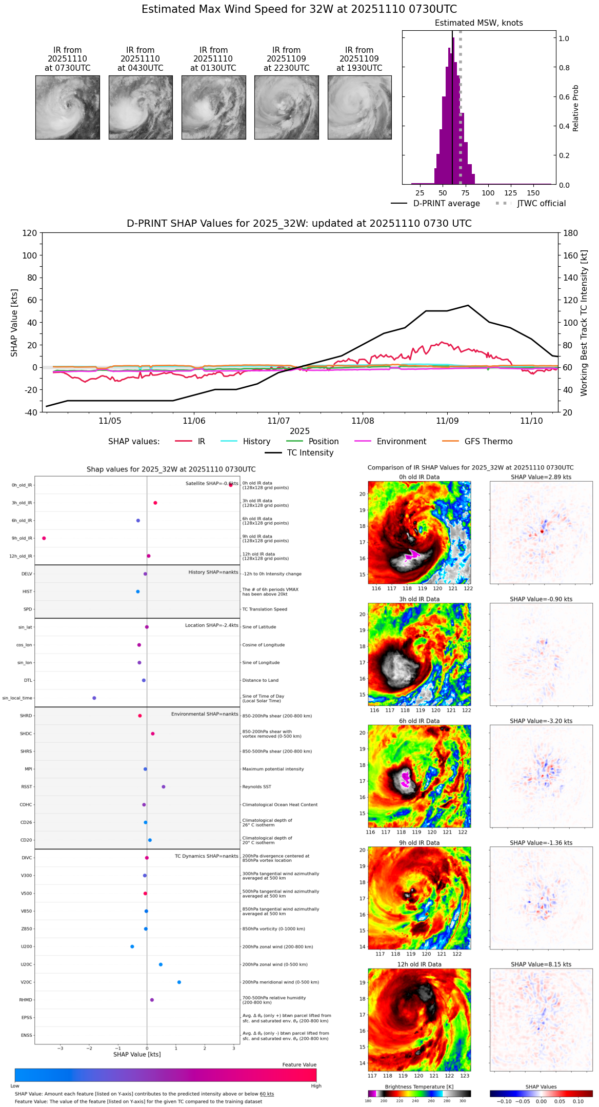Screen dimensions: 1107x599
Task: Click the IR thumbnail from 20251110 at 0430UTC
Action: (x=141, y=107)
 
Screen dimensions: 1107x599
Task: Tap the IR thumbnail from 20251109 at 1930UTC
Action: (x=360, y=107)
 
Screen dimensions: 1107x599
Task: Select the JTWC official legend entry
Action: (x=541, y=204)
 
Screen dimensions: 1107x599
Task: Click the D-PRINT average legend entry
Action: (x=446, y=204)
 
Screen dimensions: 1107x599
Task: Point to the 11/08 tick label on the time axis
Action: (x=363, y=421)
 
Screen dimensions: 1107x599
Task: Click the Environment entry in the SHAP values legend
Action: (x=401, y=442)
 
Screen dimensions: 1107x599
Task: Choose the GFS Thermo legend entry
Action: (x=488, y=442)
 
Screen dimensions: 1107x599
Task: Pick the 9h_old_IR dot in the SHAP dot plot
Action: (x=44, y=538)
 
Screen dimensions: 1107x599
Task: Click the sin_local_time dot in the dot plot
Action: (x=94, y=698)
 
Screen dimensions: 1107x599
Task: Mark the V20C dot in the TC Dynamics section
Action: (x=179, y=982)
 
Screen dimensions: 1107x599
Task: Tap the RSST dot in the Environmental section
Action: (x=164, y=787)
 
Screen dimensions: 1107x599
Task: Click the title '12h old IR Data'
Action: (x=419, y=964)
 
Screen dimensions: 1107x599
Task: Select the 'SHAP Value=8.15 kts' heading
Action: (x=541, y=964)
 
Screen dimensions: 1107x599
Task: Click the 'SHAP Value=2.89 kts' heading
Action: (x=541, y=477)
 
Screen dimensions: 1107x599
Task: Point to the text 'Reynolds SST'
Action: (x=256, y=787)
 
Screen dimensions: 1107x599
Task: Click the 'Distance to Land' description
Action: (x=260, y=680)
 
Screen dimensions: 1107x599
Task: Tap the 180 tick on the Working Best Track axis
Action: (x=571, y=233)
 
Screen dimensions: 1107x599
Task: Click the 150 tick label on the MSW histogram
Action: (x=533, y=193)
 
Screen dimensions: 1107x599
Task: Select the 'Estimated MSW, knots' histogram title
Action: (x=479, y=23)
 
